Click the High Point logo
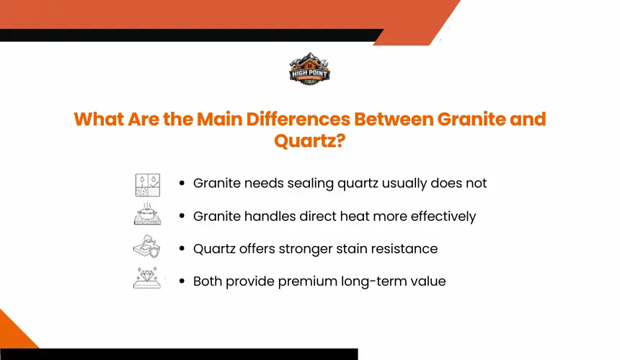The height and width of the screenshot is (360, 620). click(x=309, y=69)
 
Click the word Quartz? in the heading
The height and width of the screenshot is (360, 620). click(x=309, y=141)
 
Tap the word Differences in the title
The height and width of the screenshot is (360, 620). click(x=298, y=119)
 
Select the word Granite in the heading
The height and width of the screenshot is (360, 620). click(x=471, y=119)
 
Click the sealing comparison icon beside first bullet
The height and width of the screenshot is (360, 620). click(x=148, y=185)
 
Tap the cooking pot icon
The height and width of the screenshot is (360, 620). click(x=148, y=214)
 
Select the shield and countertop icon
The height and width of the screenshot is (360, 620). click(x=146, y=246)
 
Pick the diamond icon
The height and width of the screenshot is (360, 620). click(x=147, y=278)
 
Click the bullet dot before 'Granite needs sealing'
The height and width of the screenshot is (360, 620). click(x=182, y=183)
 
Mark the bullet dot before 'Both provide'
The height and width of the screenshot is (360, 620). click(x=182, y=281)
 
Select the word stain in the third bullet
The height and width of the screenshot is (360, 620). click(x=349, y=249)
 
